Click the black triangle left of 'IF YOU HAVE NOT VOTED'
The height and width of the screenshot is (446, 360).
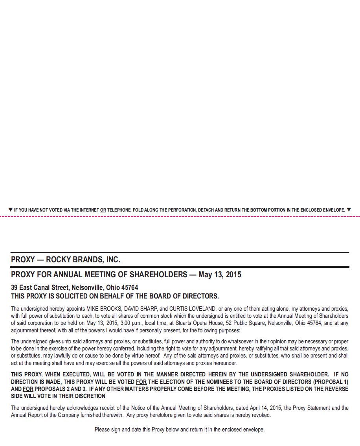[10, 210]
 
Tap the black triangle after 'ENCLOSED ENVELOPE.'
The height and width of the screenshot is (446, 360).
[349, 210]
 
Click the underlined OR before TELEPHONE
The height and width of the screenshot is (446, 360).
[103, 210]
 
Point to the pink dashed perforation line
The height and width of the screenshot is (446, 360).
[180, 216]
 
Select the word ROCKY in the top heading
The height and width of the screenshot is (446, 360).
[59, 260]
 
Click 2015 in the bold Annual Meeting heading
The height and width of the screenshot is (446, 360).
[233, 275]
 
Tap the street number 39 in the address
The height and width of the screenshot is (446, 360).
[15, 288]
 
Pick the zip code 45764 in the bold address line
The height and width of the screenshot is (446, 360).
[130, 288]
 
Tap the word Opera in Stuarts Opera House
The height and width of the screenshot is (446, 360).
[194, 323]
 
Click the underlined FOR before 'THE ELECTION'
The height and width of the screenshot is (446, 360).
[141, 382]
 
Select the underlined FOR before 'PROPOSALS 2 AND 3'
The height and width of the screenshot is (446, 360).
[28, 389]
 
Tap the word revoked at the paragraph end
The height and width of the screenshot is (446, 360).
[260, 415]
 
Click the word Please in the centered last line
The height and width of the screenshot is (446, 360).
[102, 429]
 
